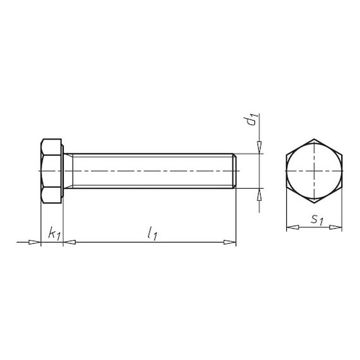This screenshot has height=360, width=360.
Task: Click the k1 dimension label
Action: click(54, 234)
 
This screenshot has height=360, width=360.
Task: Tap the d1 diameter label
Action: click(251, 119)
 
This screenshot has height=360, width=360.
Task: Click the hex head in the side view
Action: click(52, 171)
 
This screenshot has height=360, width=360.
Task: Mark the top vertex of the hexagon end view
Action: click(314, 138)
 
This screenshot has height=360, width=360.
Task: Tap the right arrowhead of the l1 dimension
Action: click(232, 241)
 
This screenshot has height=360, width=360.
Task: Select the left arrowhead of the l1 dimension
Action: click(68, 241)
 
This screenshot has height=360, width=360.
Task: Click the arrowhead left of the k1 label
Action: click(37, 241)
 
